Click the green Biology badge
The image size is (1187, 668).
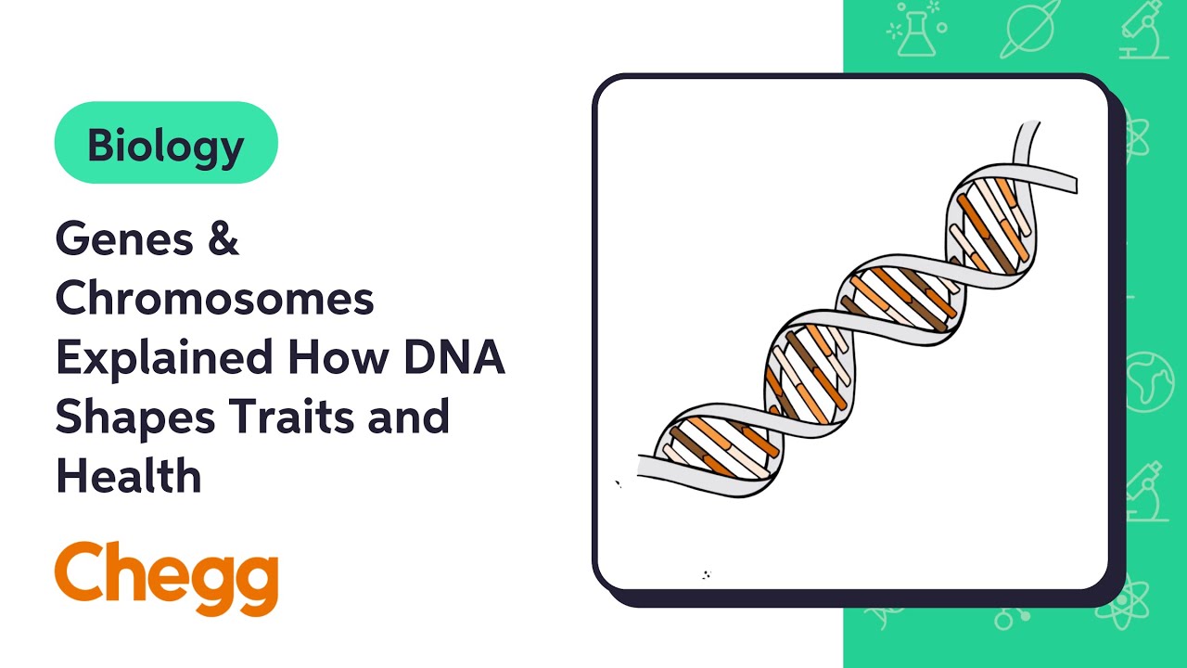(x=166, y=143)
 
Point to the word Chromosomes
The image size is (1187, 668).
(x=214, y=299)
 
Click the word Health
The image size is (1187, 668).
(x=128, y=476)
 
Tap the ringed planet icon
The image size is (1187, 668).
(x=1028, y=32)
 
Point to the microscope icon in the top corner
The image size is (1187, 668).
(x=1143, y=32)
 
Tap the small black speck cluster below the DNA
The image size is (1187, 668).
(x=706, y=574)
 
